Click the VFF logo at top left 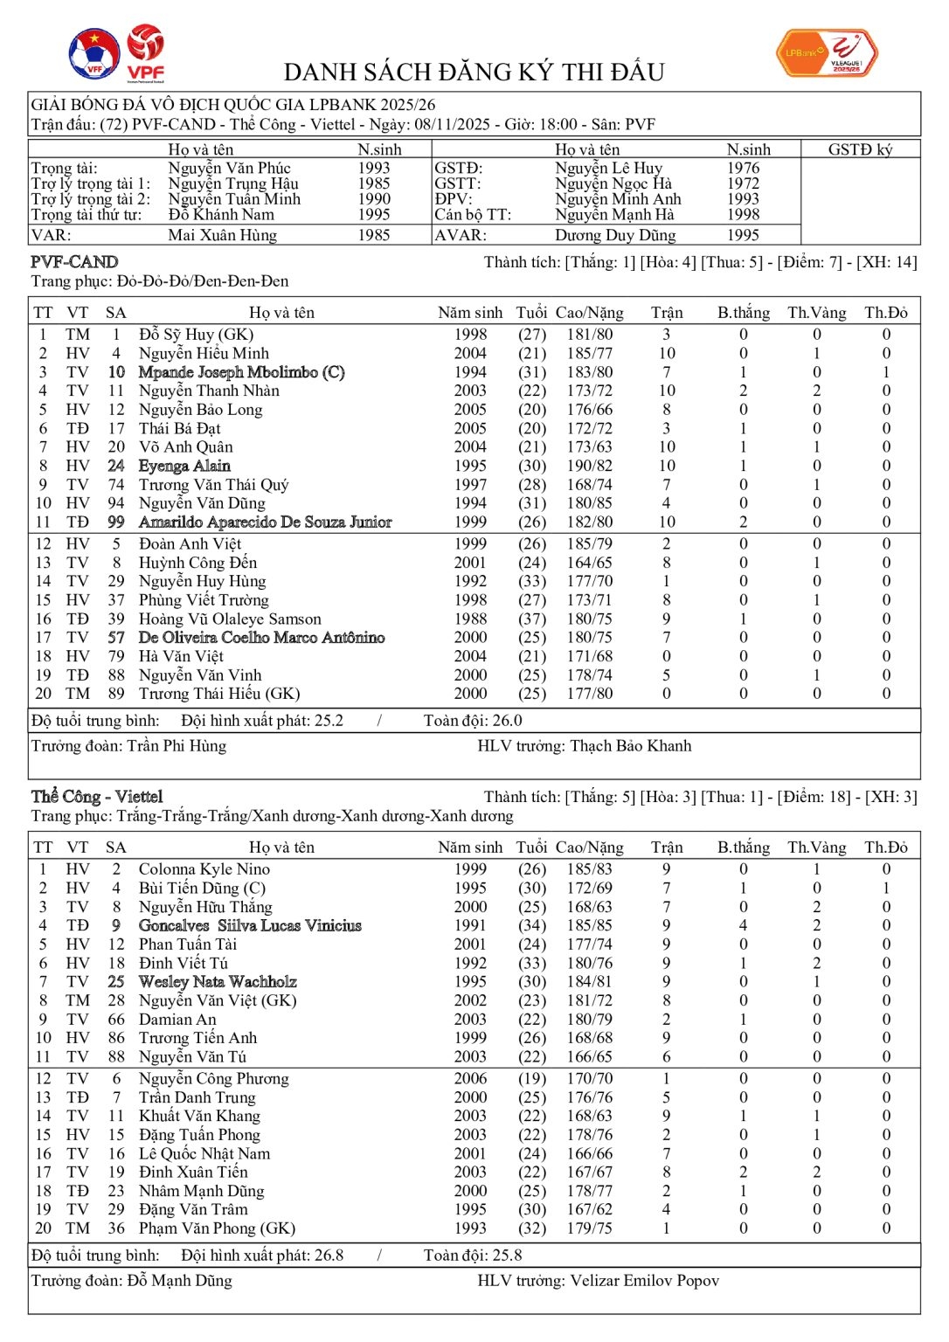(x=94, y=54)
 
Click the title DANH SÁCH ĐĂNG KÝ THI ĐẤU (x=474, y=72)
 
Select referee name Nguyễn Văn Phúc (x=229, y=168)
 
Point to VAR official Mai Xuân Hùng (x=222, y=235)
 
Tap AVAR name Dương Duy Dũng (x=615, y=235)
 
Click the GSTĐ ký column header (x=860, y=149)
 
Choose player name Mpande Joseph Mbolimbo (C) (x=241, y=372)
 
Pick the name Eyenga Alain (x=184, y=466)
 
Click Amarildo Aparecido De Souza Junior (x=265, y=522)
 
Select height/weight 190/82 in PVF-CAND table (x=590, y=466)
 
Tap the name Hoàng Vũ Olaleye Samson (x=230, y=619)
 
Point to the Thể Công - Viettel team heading (x=97, y=796)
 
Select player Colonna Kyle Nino (x=204, y=869)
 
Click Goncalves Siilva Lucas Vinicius (x=250, y=925)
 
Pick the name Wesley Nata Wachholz (x=218, y=981)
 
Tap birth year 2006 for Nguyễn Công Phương (x=470, y=1078)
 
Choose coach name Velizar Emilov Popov (x=644, y=1280)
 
